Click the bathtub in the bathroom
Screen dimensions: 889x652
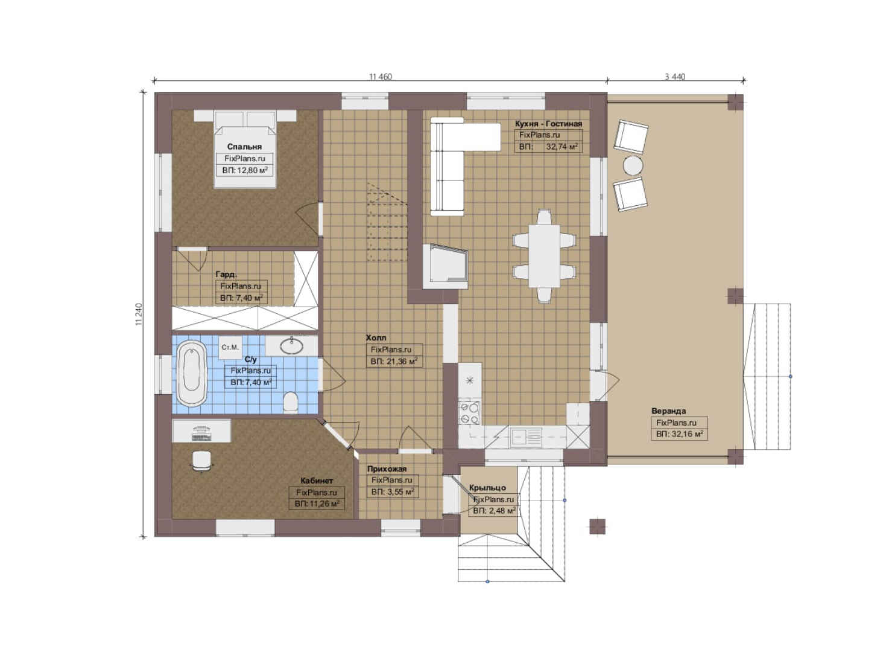(x=192, y=373)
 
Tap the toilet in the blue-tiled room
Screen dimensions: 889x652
(x=291, y=402)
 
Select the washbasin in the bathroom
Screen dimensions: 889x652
(x=291, y=346)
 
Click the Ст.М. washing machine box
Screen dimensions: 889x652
(x=230, y=347)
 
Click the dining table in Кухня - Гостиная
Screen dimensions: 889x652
(x=544, y=255)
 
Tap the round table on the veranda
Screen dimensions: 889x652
(x=633, y=165)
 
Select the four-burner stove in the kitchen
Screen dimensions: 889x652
(x=469, y=412)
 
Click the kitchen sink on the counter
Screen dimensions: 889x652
(x=526, y=437)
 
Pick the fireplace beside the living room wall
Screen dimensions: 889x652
(x=445, y=266)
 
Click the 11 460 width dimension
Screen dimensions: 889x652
(x=380, y=77)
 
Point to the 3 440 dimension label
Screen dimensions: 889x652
(x=675, y=77)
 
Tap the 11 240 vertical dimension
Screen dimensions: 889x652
(x=139, y=315)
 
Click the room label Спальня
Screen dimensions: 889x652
(x=244, y=147)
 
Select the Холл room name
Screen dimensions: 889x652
(x=376, y=337)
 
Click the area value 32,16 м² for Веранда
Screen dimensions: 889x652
(x=687, y=434)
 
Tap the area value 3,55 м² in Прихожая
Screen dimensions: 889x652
(x=400, y=492)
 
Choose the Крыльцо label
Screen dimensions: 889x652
(x=487, y=488)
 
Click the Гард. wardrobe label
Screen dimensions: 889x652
(x=226, y=274)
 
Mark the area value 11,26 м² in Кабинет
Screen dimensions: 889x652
(x=324, y=504)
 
